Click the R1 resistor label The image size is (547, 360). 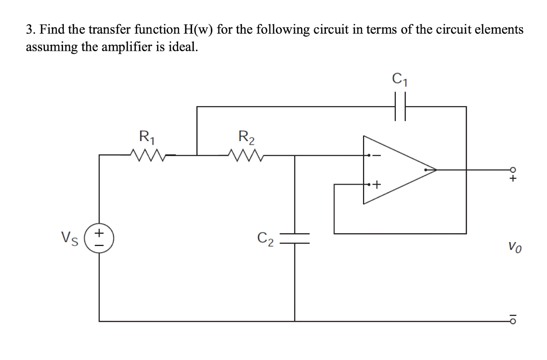click(147, 136)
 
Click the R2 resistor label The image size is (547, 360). click(246, 136)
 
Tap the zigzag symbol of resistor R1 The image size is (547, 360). click(147, 155)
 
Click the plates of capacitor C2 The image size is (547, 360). click(294, 238)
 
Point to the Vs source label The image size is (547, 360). click(70, 238)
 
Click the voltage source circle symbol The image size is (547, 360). click(99, 238)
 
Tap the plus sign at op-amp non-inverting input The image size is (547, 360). click(377, 185)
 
